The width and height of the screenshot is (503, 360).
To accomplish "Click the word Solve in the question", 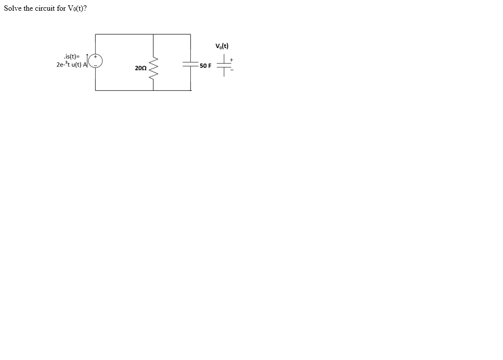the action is tap(13, 9).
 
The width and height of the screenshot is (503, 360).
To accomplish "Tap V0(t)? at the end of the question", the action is tap(77, 9).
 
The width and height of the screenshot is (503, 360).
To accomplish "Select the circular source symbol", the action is tap(95, 62).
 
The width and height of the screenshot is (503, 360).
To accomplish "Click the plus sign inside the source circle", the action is tap(96, 58).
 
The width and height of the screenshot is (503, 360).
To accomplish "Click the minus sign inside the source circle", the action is tap(95, 66).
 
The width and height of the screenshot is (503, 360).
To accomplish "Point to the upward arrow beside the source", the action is tap(87, 58).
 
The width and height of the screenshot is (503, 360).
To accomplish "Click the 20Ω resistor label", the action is tap(140, 68).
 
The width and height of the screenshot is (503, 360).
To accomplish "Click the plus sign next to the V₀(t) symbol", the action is tap(232, 60).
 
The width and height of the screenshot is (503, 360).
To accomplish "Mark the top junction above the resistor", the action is tap(153, 34).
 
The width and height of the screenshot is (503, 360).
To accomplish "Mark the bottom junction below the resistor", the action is tap(153, 90).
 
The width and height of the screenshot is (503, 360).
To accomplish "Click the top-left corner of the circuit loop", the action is tap(95, 34).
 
